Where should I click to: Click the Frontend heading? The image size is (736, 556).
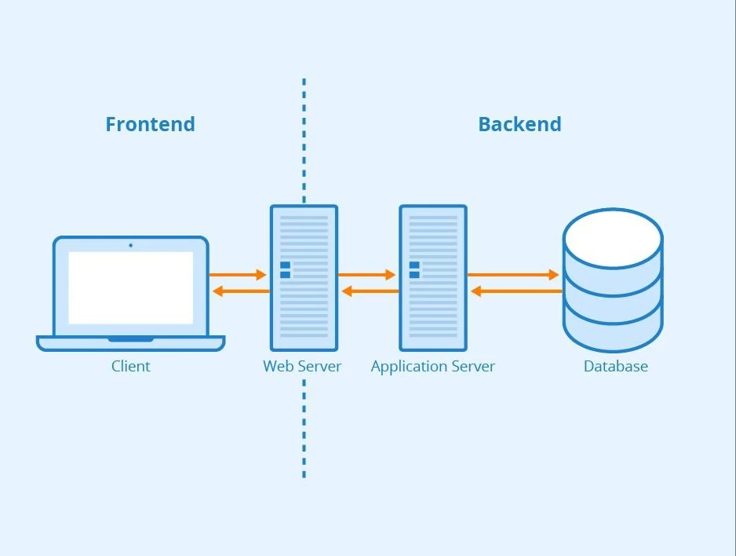coord(150,124)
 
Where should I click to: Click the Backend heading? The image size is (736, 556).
coord(519,124)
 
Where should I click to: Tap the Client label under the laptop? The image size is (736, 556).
coord(131,366)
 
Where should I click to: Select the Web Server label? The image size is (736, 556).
coord(302,366)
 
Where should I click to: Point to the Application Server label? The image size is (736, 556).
coord(433,367)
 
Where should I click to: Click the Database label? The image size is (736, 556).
coord(616,366)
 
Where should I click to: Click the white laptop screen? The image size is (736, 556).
coord(131,288)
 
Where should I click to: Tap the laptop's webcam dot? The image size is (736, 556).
coord(130,245)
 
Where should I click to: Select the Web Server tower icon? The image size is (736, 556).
coord(304,278)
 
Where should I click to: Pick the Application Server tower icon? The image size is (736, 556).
coord(433,278)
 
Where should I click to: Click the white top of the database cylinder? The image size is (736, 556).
coord(613,239)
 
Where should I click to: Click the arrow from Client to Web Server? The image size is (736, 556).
coord(238,275)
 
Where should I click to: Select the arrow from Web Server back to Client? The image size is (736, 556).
coord(241,291)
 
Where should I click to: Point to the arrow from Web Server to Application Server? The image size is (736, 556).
coord(366,275)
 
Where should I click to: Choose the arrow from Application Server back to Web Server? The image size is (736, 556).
coord(370,291)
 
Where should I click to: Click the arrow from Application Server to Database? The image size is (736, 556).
coord(513,275)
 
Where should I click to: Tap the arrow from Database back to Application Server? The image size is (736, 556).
coord(516,291)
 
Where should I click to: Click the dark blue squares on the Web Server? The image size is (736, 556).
coord(285,270)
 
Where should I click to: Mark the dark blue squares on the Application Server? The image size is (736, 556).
coord(414,270)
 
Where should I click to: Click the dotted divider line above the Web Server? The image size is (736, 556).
coord(304,141)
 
